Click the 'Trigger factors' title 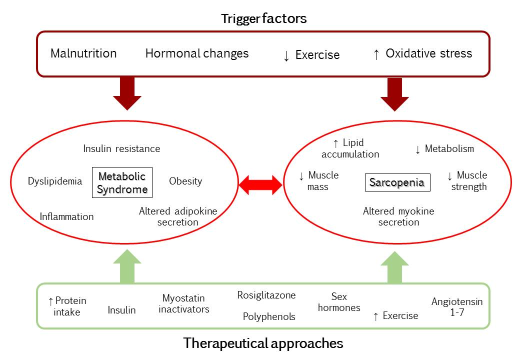point(264,19)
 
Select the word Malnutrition point(83,53)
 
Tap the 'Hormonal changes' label point(196,53)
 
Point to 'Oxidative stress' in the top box point(428,53)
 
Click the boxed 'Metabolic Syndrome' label point(122,182)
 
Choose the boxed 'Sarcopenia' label point(397,182)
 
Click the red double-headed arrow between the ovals point(260,184)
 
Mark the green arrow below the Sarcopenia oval point(395,266)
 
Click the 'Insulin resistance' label point(121,148)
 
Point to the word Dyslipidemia point(55,181)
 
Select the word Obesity point(185,181)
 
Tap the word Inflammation point(66,216)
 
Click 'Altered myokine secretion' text point(398,216)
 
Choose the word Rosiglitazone point(266,295)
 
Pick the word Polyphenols point(269,316)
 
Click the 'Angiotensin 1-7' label point(457,307)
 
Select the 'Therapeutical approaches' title point(263,343)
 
